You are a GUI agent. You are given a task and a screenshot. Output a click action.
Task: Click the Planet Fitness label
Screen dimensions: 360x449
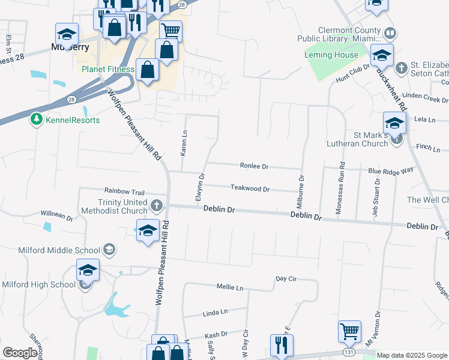[x=108, y=69]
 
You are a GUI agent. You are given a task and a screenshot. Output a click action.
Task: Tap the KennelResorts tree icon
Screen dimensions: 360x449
[x=37, y=119]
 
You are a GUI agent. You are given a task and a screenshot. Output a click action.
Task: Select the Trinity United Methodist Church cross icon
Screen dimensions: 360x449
[x=156, y=206]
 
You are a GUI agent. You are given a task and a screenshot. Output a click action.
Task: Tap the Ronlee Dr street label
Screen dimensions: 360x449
[x=254, y=166]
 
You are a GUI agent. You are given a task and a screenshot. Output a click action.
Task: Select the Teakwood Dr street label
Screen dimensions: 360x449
[x=250, y=188]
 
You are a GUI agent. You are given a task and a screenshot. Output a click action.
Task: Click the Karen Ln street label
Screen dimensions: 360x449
[x=184, y=143]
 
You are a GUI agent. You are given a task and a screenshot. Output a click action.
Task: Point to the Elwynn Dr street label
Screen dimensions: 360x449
[x=202, y=187]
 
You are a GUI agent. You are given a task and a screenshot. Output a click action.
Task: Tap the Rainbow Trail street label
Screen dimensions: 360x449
[x=124, y=191]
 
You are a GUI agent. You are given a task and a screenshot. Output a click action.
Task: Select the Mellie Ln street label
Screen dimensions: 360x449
[x=231, y=288]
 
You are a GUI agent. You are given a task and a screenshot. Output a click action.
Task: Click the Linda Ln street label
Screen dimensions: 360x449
[x=215, y=313]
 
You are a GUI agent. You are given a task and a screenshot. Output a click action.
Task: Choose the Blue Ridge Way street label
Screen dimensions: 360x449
[x=391, y=170]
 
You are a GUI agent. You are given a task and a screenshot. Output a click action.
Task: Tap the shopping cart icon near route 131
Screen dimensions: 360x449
[x=349, y=331]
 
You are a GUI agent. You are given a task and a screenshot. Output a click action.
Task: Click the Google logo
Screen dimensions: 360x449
[x=20, y=353]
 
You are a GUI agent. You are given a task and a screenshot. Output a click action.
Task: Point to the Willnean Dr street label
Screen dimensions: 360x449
[x=56, y=214]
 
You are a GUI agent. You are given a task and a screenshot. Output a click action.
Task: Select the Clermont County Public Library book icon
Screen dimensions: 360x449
[x=390, y=32]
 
